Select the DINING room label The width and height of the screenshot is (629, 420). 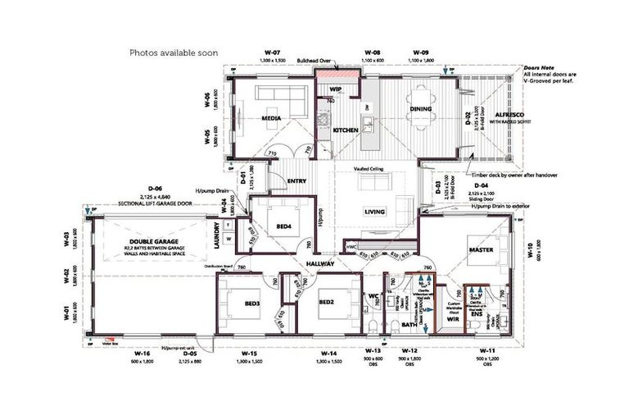pyautogui.click(x=421, y=109)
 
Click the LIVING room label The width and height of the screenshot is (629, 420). pyautogui.click(x=375, y=212)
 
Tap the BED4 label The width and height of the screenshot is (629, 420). pyautogui.click(x=284, y=226)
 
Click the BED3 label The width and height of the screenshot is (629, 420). pyautogui.click(x=252, y=303)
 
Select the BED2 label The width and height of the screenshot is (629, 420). pyautogui.click(x=327, y=302)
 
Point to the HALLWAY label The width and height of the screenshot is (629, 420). pyautogui.click(x=319, y=263)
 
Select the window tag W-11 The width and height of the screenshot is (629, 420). pyautogui.click(x=487, y=351)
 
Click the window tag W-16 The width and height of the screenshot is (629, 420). pyautogui.click(x=143, y=354)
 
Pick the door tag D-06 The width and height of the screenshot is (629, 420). pyautogui.click(x=156, y=188)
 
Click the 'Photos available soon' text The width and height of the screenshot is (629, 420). pyautogui.click(x=174, y=52)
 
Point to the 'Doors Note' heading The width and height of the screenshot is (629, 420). pyautogui.click(x=539, y=67)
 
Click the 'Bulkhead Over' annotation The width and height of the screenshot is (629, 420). pyautogui.click(x=314, y=61)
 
